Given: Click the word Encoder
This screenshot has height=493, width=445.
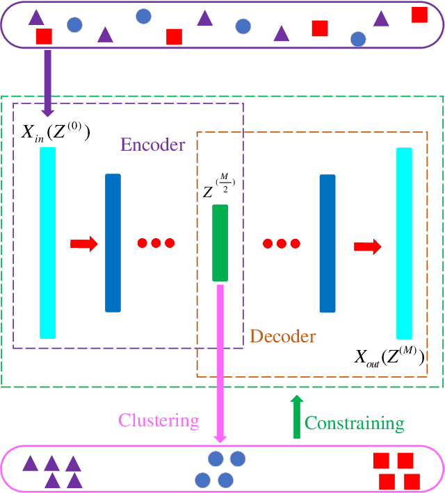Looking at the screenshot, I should [153, 144].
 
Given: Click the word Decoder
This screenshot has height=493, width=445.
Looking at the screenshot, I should [283, 337].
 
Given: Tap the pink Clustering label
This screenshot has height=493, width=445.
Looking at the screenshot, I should [159, 421].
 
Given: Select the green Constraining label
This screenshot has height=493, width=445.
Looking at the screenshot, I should [355, 423].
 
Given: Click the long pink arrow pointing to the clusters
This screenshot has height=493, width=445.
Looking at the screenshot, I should [220, 361].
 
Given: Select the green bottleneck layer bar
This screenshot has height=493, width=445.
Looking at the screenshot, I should [220, 243].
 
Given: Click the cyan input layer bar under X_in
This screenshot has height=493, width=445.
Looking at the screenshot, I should [47, 243].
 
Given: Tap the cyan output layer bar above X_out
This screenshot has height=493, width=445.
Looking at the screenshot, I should [405, 243].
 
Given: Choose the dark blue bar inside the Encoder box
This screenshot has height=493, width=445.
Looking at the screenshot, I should [113, 243].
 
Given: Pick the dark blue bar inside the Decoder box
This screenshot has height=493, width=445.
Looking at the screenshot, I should [327, 243].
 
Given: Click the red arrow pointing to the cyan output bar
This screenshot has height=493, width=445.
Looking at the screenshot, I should [367, 246].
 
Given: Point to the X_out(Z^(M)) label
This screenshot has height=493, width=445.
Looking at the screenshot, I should [389, 358].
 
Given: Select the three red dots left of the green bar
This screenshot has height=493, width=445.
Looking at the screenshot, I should [156, 244].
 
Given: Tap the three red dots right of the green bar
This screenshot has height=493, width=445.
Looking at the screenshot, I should [282, 244].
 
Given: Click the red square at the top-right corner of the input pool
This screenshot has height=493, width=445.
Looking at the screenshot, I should [419, 15].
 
